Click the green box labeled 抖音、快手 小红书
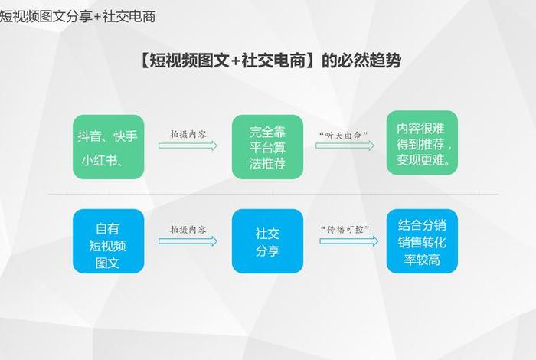point(108,147)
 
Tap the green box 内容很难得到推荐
point(421,142)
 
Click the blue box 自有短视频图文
point(108,241)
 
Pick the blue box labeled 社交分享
point(268,241)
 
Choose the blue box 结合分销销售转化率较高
point(421,241)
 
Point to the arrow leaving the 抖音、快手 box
point(188,146)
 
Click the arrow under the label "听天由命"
point(348,146)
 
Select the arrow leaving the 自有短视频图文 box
point(188,241)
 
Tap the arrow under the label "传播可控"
point(348,241)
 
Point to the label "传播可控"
point(345,230)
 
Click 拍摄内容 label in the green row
point(188,134)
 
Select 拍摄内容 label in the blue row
point(188,229)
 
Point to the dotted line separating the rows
point(268,194)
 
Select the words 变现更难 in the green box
point(420,160)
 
